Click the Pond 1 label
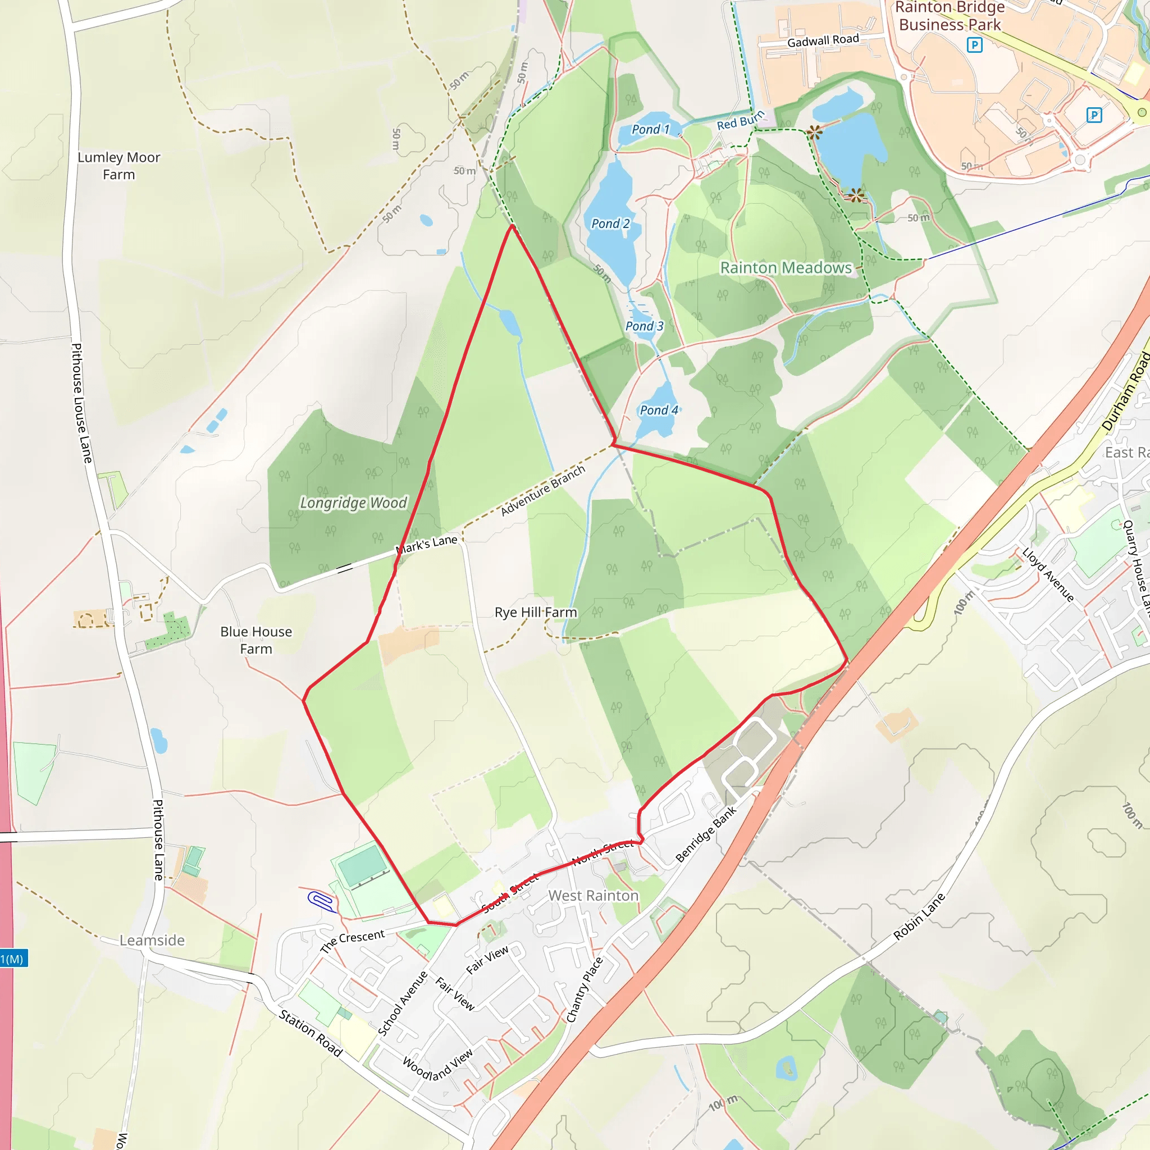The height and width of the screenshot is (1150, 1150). (650, 129)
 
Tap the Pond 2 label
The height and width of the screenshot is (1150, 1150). (610, 224)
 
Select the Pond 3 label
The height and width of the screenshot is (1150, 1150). (644, 326)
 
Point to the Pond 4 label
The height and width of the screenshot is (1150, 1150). (658, 410)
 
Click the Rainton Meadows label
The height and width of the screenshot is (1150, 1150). (786, 268)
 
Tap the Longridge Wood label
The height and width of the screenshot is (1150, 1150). (353, 503)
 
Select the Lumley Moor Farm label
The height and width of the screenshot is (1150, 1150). (119, 166)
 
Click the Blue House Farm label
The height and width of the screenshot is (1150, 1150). (256, 640)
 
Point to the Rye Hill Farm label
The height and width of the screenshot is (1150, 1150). (536, 613)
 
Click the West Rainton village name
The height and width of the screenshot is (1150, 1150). (593, 896)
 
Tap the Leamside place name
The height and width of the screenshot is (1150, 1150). (152, 941)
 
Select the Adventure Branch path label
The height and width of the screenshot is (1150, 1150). (543, 490)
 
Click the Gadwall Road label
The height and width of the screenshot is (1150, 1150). (823, 40)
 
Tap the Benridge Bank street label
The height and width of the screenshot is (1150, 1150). (706, 834)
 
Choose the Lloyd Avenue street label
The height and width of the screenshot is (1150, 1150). (1048, 575)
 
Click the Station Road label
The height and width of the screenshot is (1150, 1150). (311, 1033)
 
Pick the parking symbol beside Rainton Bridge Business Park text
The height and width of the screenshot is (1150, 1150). (974, 45)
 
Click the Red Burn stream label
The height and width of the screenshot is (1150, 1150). (740, 121)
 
